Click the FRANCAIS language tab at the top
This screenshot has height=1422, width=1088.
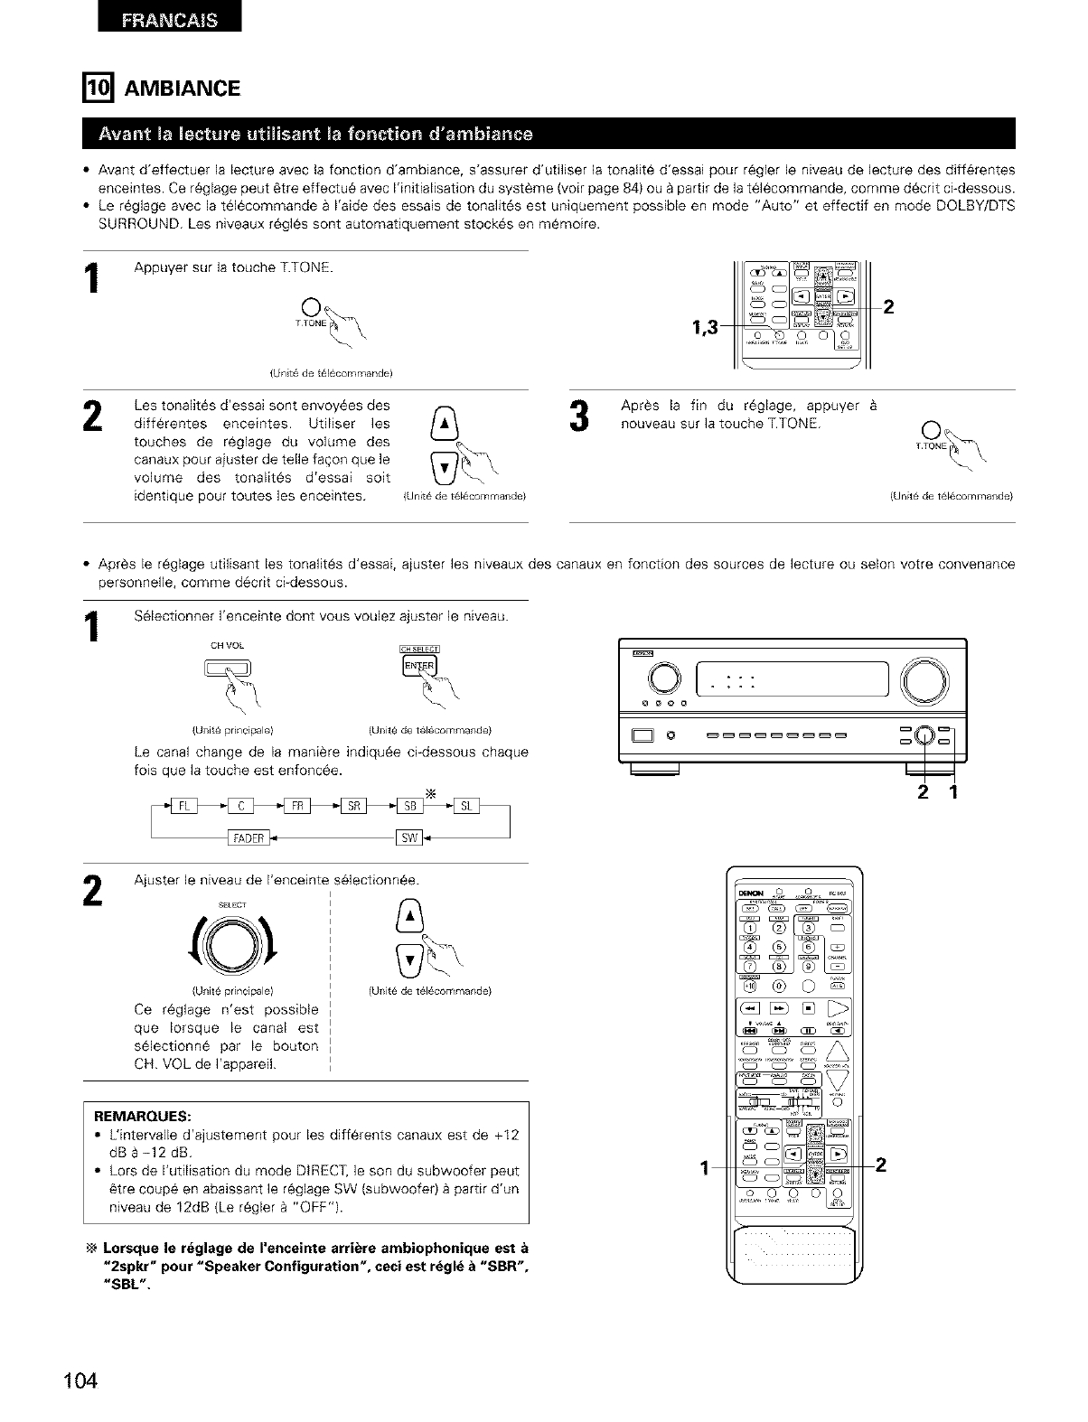click(x=169, y=20)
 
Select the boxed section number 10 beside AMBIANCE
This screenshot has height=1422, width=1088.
click(x=95, y=88)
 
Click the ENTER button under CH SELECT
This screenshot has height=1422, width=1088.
click(x=417, y=666)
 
